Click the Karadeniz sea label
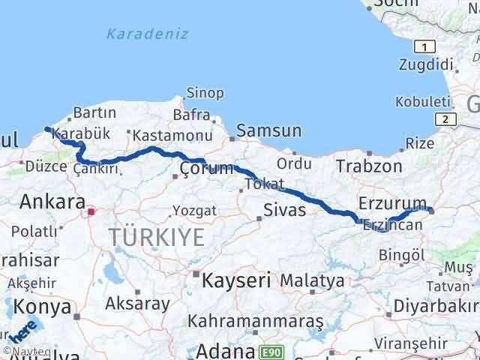point(147,34)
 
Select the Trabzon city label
point(365,165)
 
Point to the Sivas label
point(284,210)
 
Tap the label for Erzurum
point(391,203)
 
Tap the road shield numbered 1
point(425,46)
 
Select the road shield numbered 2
point(446,118)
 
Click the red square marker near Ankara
point(91,212)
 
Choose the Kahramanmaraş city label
point(256,321)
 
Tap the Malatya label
point(313,281)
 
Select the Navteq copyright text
point(16,350)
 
